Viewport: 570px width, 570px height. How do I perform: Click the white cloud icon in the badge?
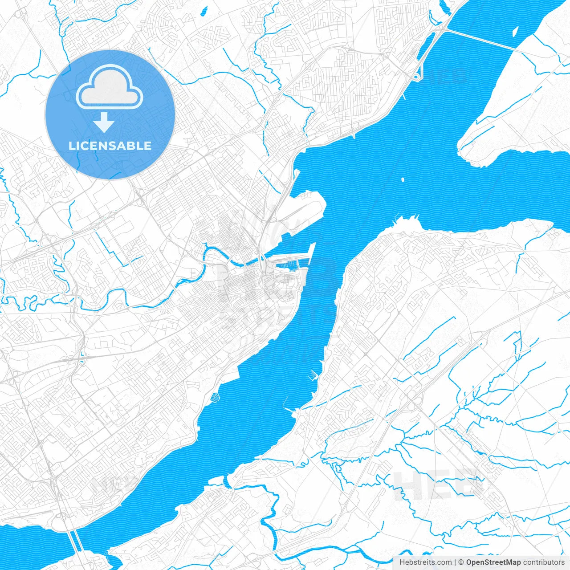pos(110,88)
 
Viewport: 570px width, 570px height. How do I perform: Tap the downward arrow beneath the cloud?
pos(104,122)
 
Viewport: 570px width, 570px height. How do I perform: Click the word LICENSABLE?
pos(110,146)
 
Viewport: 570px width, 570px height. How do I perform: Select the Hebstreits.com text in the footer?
pos(425,562)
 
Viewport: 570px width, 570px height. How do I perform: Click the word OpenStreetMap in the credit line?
pos(493,562)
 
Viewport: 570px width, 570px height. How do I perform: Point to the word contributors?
pos(544,562)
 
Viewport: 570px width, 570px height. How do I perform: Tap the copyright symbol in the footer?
pos(461,562)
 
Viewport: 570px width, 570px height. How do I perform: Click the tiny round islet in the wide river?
pos(403,180)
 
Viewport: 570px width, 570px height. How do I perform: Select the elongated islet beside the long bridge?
pos(515,32)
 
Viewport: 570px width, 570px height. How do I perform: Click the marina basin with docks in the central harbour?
pos(287,267)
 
